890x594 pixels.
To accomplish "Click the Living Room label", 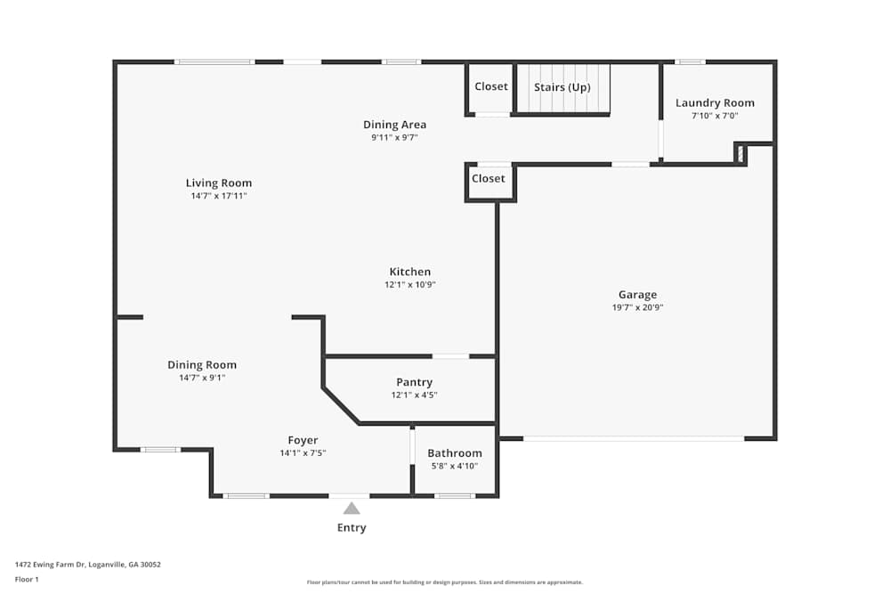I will point(218,183).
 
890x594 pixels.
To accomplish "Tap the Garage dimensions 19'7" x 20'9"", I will point(637,307).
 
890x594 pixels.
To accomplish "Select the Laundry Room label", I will point(715,103).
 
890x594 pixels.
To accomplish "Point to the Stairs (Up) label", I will point(562,87).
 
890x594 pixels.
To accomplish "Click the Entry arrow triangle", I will point(352,509).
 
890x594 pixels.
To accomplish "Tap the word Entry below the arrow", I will point(352,527).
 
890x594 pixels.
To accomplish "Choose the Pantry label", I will point(414,383).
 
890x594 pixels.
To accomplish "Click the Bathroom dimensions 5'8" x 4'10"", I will point(454,466).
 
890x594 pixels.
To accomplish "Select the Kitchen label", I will point(409,273).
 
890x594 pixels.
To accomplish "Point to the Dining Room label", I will point(202,365).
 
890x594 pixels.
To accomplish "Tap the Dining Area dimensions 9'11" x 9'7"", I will point(394,137).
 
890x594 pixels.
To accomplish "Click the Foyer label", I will point(303,441).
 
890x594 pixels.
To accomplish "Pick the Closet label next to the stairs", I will point(490,86).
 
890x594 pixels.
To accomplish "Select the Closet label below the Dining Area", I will point(488,178).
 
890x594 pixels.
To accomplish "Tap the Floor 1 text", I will point(27,579).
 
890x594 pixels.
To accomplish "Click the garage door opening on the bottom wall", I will point(633,438).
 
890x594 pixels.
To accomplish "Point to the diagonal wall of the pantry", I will point(341,405).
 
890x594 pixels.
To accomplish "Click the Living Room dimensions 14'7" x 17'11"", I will point(218,196).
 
